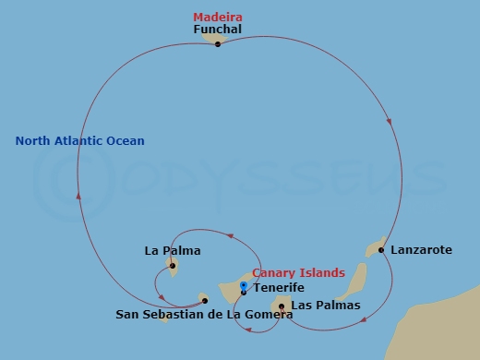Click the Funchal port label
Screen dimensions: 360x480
[218, 30]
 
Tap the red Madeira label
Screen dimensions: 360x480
[217, 17]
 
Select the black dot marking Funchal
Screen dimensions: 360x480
[218, 43]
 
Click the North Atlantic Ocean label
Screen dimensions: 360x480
[80, 140]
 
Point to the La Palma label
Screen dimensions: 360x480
[173, 250]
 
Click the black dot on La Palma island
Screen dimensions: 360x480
[173, 266]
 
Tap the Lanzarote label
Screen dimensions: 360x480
[421, 249]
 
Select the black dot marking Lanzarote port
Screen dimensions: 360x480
[381, 249]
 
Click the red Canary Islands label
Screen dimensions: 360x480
[298, 273]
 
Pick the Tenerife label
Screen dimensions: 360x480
[279, 288]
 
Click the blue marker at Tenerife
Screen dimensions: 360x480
[244, 286]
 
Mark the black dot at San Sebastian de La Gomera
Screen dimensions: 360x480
[205, 300]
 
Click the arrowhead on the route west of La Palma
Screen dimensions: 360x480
[78, 197]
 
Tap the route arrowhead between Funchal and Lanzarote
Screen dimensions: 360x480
[390, 120]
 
